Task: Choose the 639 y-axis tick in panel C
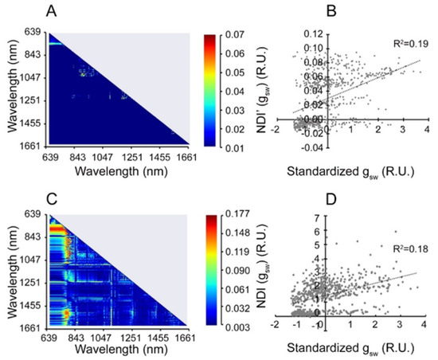coord(34,215)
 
